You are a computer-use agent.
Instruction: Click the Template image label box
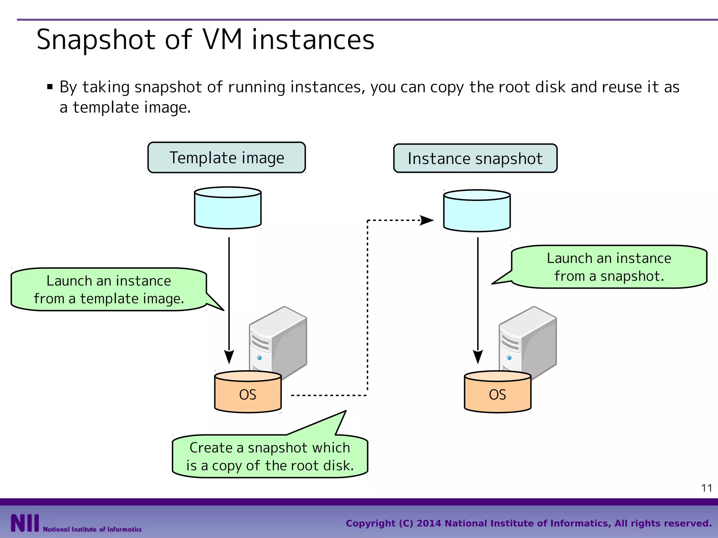tap(226, 158)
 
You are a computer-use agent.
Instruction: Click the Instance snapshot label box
tap(475, 159)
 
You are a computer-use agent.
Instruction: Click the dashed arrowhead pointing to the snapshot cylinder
tap(427, 220)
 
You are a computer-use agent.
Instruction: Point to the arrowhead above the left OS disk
tap(229, 356)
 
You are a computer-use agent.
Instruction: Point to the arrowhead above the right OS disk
tap(477, 356)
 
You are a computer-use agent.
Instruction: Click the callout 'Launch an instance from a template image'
tap(109, 290)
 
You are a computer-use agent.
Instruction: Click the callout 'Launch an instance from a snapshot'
tap(609, 267)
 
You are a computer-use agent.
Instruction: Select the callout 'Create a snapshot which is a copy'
tap(270, 456)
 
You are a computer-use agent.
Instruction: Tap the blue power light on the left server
tap(259, 358)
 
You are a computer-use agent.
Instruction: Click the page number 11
tap(706, 488)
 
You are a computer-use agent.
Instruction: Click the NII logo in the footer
tap(25, 523)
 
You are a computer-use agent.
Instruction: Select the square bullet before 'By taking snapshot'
tap(50, 87)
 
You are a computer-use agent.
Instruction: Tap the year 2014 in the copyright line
tap(429, 523)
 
